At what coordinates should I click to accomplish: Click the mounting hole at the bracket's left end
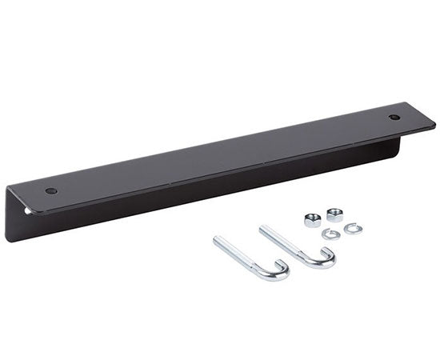pyautogui.click(x=51, y=191)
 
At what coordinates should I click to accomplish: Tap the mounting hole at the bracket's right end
pyautogui.click(x=394, y=118)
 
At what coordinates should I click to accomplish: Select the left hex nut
pyautogui.click(x=313, y=221)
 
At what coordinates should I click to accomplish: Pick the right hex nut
pyautogui.click(x=334, y=214)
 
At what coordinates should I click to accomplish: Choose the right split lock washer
pyautogui.click(x=353, y=229)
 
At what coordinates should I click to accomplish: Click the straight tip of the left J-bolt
pyautogui.click(x=217, y=241)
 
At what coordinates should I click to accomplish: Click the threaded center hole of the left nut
pyautogui.click(x=313, y=219)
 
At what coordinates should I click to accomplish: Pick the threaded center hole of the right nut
pyautogui.click(x=334, y=213)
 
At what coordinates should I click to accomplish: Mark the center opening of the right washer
pyautogui.click(x=353, y=229)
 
